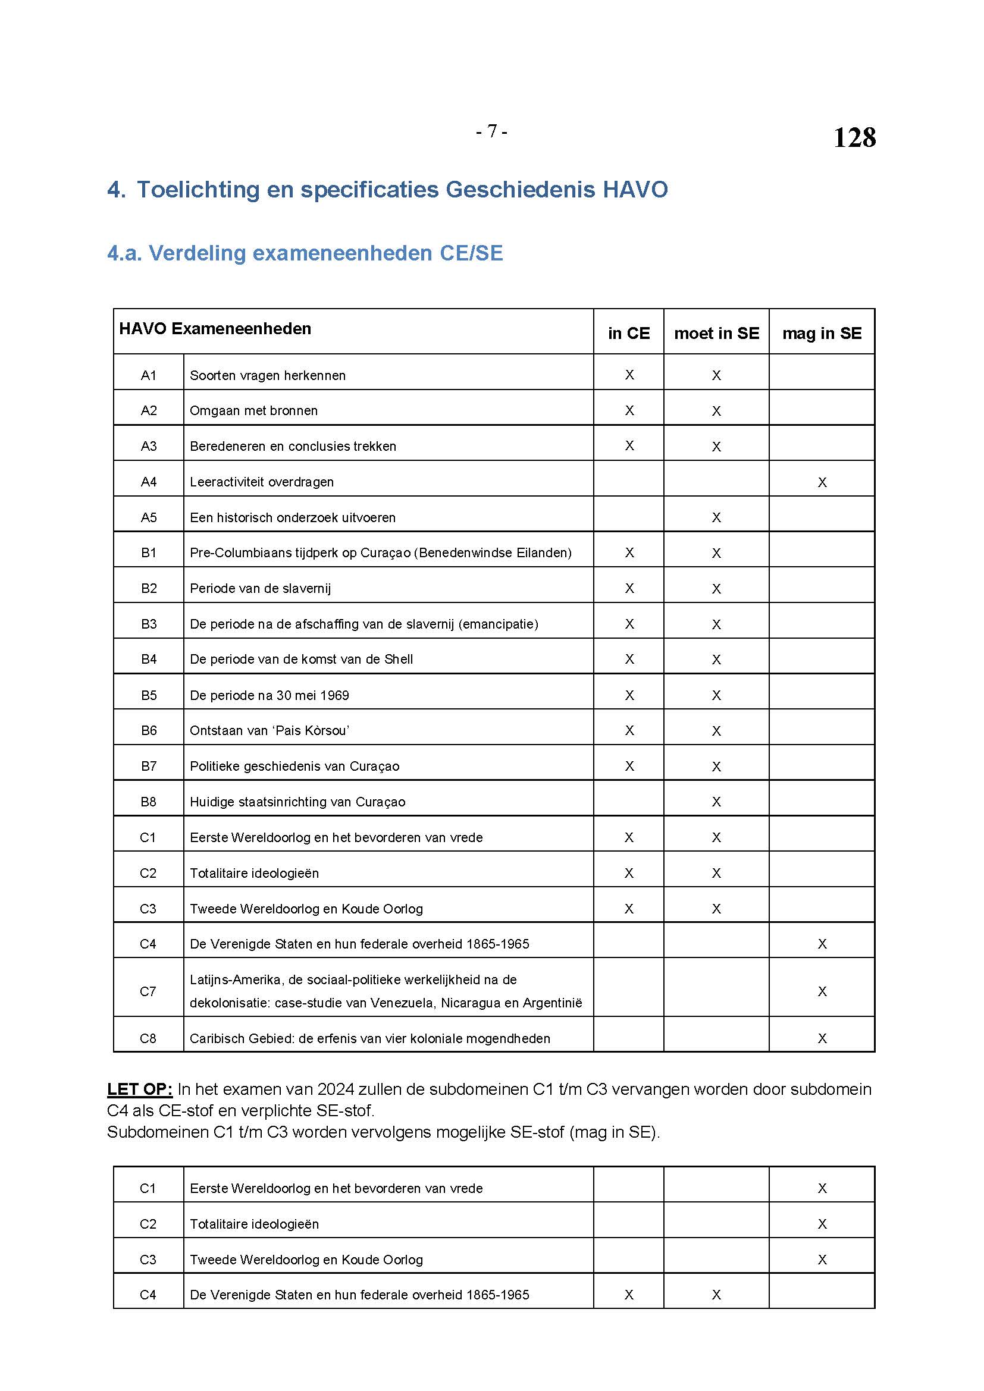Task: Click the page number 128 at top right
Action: tap(854, 137)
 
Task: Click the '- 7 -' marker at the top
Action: tap(491, 131)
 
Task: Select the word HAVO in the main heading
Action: tap(635, 190)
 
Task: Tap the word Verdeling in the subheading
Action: tap(197, 253)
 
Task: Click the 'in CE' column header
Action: tap(628, 333)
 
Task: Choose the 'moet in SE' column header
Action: tap(716, 333)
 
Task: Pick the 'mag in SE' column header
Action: tap(822, 333)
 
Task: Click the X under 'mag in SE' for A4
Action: tap(822, 482)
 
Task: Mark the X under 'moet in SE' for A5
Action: tap(716, 517)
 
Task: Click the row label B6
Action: tap(149, 731)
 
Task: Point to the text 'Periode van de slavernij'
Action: tap(261, 588)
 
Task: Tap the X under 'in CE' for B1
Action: tap(629, 552)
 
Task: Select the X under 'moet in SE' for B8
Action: tap(716, 802)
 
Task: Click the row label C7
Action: tap(149, 991)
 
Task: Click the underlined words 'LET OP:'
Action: tap(140, 1089)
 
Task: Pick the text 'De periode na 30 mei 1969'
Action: tap(269, 695)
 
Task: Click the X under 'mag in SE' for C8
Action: tap(822, 1038)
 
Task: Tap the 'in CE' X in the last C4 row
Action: tap(629, 1295)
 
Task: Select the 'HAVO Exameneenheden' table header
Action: tap(215, 328)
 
